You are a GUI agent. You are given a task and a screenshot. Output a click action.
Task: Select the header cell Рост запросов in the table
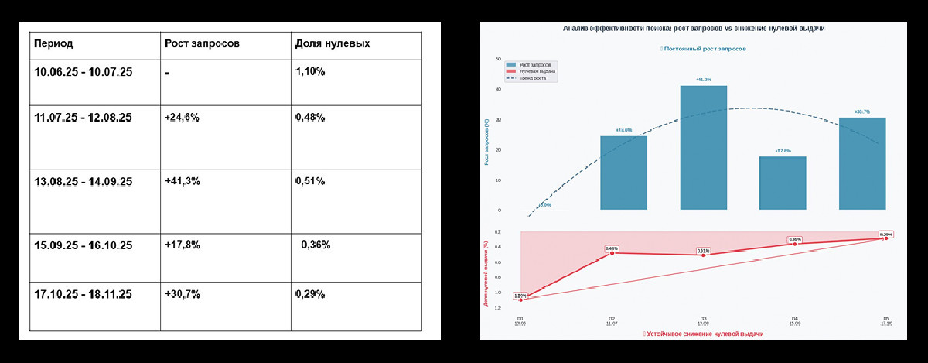[x=202, y=43]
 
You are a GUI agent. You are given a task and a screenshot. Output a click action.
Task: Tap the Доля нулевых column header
[x=332, y=43]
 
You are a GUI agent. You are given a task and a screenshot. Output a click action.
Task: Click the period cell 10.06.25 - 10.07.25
[x=84, y=72]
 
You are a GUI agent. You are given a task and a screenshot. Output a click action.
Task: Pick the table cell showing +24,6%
[x=182, y=118]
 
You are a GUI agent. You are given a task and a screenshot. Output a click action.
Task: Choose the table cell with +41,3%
[x=182, y=181]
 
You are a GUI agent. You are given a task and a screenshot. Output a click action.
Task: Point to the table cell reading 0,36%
[x=315, y=245]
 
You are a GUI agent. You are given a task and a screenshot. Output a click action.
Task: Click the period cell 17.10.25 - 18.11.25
[x=84, y=294]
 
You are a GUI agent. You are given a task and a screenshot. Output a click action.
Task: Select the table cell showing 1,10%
[x=310, y=72]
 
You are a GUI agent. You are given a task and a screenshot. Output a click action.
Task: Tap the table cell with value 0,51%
[x=310, y=181]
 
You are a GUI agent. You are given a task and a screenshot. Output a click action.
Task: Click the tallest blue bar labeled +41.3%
[x=703, y=147]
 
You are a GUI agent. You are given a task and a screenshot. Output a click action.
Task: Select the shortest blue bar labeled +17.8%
[x=783, y=183]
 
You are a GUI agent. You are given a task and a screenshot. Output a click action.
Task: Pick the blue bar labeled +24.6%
[x=623, y=173]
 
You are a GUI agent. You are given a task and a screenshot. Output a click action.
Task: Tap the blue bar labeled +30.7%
[x=861, y=163]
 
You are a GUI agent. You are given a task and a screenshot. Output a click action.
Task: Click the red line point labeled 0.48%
[x=612, y=253]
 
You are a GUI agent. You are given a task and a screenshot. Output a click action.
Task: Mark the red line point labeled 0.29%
[x=885, y=238]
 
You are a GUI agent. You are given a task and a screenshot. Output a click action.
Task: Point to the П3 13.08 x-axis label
[x=703, y=321]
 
